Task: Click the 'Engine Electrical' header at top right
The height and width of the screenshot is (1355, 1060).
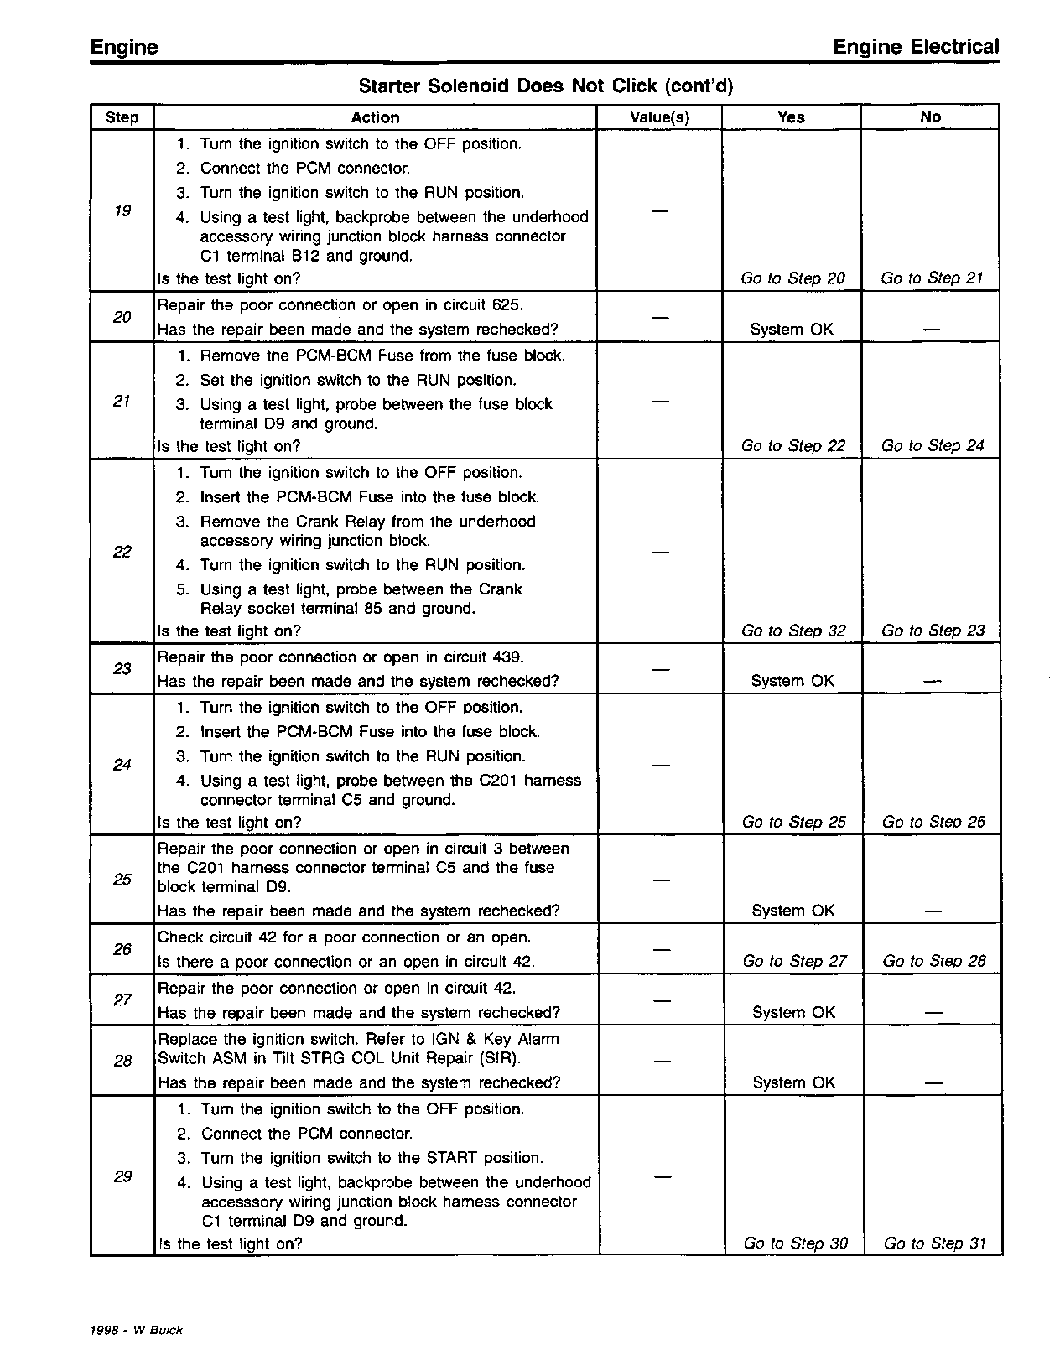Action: coord(916,48)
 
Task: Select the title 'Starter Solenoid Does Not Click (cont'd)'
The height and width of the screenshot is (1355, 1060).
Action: coord(546,86)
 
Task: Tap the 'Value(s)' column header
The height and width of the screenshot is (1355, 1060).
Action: coord(659,117)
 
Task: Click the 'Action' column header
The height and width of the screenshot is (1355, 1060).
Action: coord(375,117)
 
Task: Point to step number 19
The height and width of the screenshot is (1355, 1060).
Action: coord(122,210)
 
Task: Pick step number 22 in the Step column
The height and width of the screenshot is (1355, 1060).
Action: coord(122,552)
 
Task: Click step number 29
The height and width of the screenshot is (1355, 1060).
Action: coord(123,1176)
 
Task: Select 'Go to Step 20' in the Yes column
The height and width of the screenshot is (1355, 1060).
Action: coord(792,278)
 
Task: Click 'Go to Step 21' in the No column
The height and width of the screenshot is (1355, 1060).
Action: coord(932,278)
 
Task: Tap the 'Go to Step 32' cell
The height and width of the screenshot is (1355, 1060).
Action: coord(793,631)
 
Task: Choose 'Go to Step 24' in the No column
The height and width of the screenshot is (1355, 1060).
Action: coord(933,446)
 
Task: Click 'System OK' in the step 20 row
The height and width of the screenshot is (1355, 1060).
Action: coord(792,330)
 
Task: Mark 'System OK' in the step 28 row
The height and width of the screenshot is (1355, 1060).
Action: coord(794,1082)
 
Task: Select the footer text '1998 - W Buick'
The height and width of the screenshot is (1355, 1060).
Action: coord(136,1331)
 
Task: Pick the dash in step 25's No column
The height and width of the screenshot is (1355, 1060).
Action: coord(933,911)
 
